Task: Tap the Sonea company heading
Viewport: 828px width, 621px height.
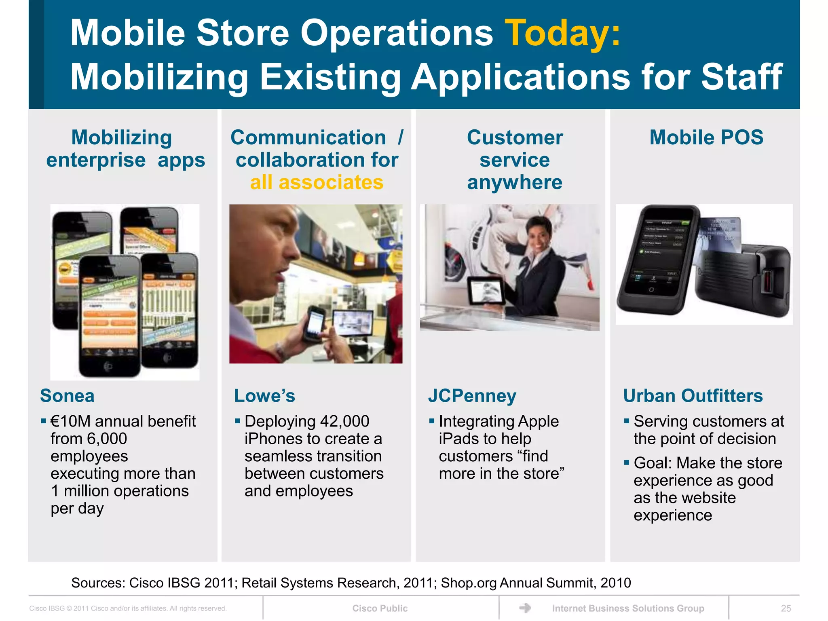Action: pos(67,395)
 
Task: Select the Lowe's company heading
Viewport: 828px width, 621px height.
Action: pos(264,395)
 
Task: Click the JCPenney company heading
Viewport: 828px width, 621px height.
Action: pos(472,395)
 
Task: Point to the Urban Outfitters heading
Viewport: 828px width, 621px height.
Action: pos(693,395)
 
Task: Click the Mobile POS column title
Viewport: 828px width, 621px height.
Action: pos(706,137)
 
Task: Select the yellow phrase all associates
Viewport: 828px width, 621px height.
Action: pos(317,182)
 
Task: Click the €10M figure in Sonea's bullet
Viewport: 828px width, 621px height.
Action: pos(70,421)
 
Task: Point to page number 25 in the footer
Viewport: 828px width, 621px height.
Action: pos(786,608)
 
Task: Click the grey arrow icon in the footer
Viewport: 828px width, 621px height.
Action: pos(525,608)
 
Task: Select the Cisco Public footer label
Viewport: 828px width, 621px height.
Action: pos(380,608)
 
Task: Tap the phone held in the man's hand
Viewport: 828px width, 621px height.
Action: pos(313,324)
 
